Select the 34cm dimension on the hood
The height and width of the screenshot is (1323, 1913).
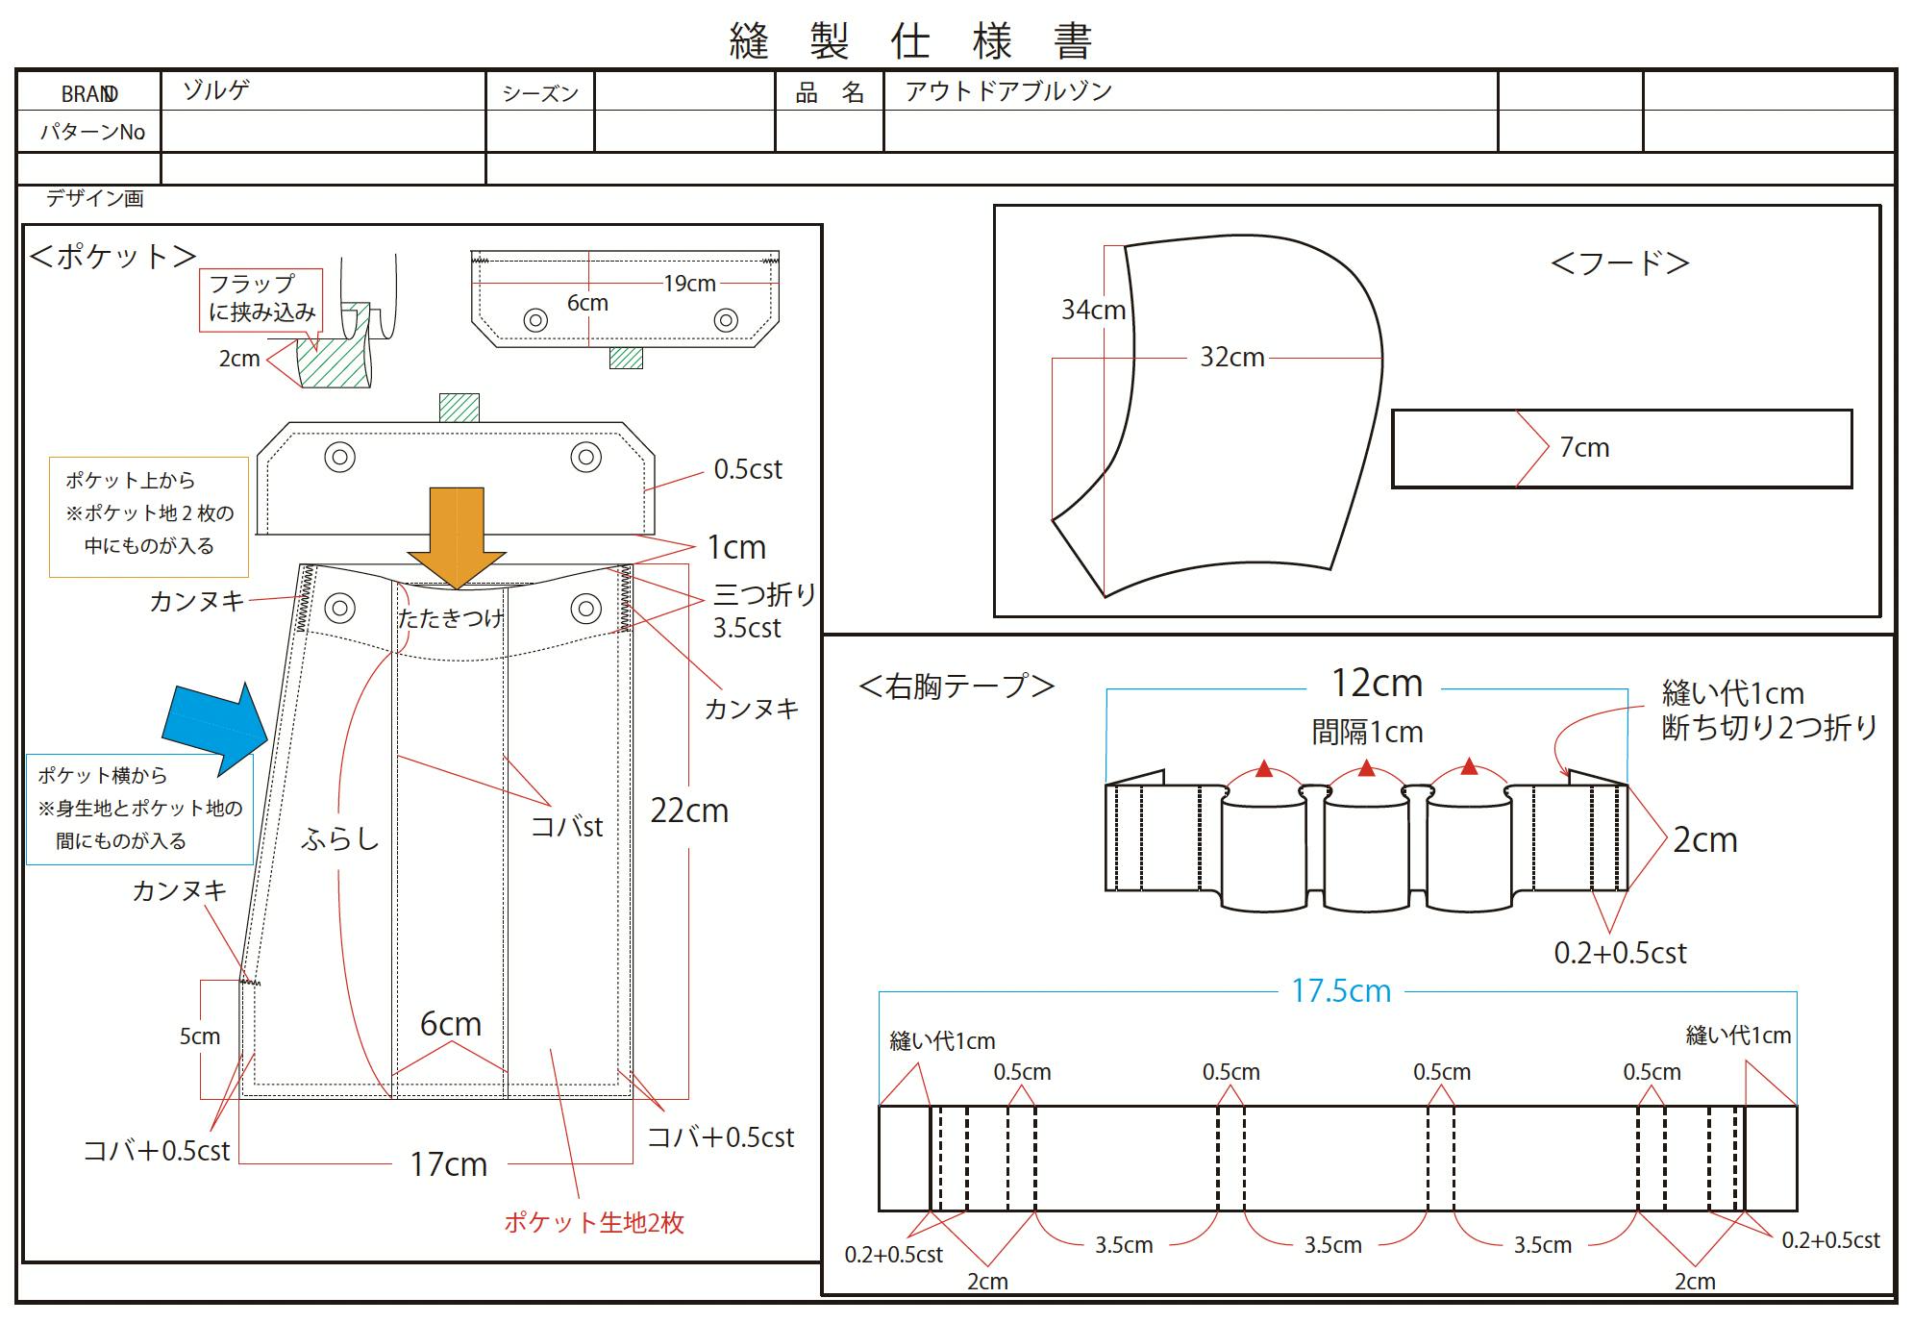(x=1093, y=310)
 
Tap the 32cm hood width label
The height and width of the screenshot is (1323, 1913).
(x=1231, y=358)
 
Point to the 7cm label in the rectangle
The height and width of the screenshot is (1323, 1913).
(x=1584, y=448)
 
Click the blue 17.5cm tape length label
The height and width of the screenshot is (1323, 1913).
(x=1341, y=991)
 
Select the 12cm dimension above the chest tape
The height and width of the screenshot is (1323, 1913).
(x=1377, y=684)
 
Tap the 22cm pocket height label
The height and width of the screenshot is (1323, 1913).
(x=689, y=811)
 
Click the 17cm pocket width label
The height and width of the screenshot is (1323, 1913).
(x=449, y=1164)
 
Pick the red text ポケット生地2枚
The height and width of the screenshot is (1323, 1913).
(x=594, y=1223)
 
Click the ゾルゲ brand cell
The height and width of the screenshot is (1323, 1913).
(x=217, y=90)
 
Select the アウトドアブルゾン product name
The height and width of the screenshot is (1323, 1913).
(x=1008, y=91)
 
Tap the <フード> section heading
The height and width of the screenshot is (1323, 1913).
(x=1621, y=263)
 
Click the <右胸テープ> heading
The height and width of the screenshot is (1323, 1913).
(x=956, y=686)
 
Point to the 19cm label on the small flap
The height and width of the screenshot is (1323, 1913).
(x=689, y=284)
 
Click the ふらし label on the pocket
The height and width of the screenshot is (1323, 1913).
(x=340, y=839)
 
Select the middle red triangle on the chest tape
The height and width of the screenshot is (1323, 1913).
(x=1367, y=768)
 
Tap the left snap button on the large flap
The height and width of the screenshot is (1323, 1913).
(x=339, y=457)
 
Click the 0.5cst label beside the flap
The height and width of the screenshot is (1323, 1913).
(x=748, y=469)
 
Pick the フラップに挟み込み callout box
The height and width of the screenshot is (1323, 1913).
(x=261, y=299)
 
